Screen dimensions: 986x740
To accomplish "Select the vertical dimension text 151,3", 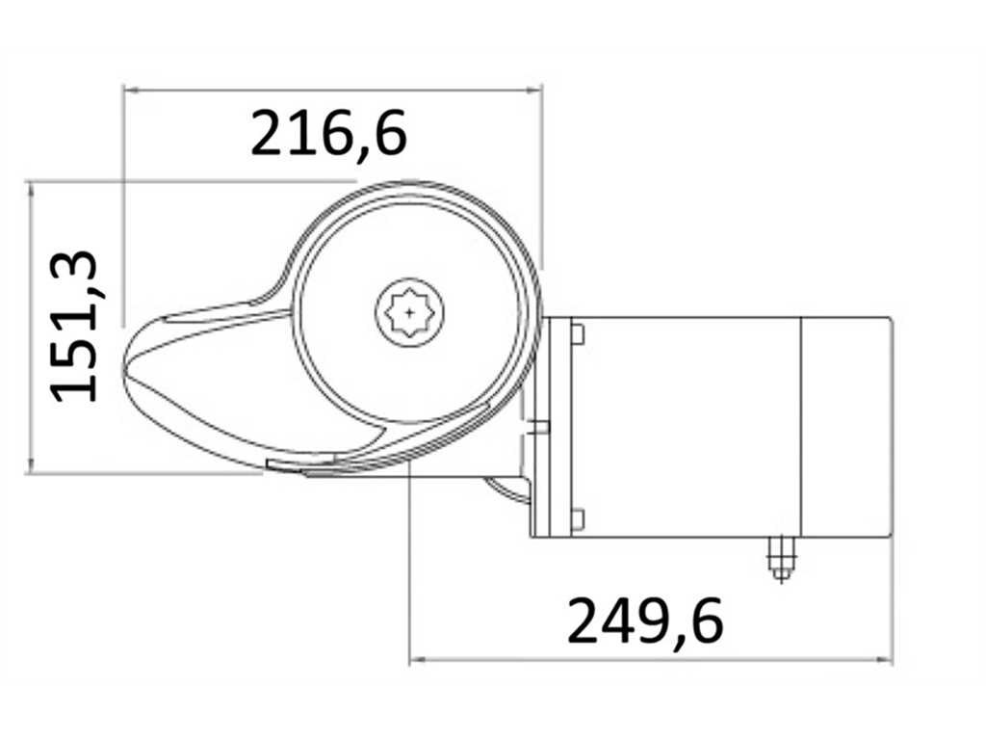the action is [75, 327].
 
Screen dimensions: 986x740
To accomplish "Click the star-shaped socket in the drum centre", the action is [409, 311].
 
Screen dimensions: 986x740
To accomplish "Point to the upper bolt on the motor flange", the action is [578, 334].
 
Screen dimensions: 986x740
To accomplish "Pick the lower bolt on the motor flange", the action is [578, 519].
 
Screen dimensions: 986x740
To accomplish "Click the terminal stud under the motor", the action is [781, 560].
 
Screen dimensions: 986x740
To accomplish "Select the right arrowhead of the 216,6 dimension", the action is [533, 91].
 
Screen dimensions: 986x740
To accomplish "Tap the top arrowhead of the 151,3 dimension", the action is [30, 189].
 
